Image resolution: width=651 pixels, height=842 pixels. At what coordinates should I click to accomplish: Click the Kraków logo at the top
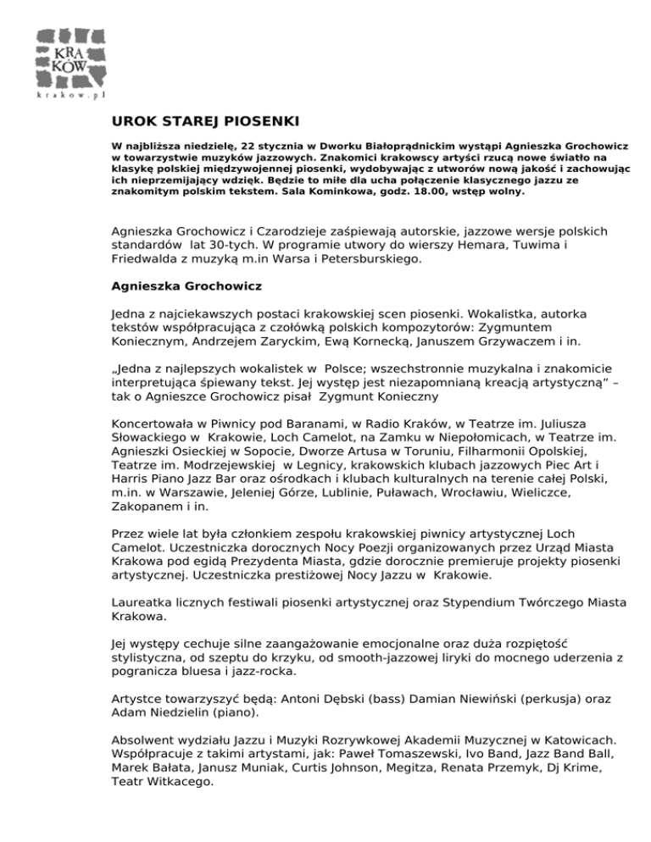pos(70,55)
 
